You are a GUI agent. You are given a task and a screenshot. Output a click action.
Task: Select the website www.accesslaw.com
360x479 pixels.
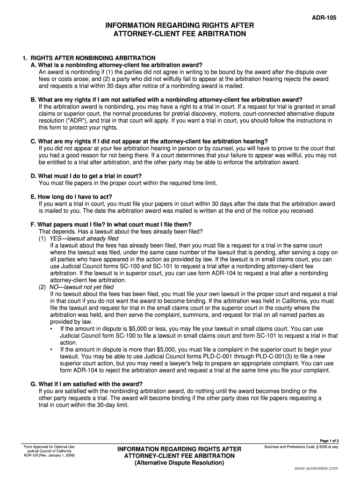316,468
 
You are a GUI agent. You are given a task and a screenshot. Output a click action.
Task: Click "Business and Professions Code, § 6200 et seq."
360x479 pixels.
301,447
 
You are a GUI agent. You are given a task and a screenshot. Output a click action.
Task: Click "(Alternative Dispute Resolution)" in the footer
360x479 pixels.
179,463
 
